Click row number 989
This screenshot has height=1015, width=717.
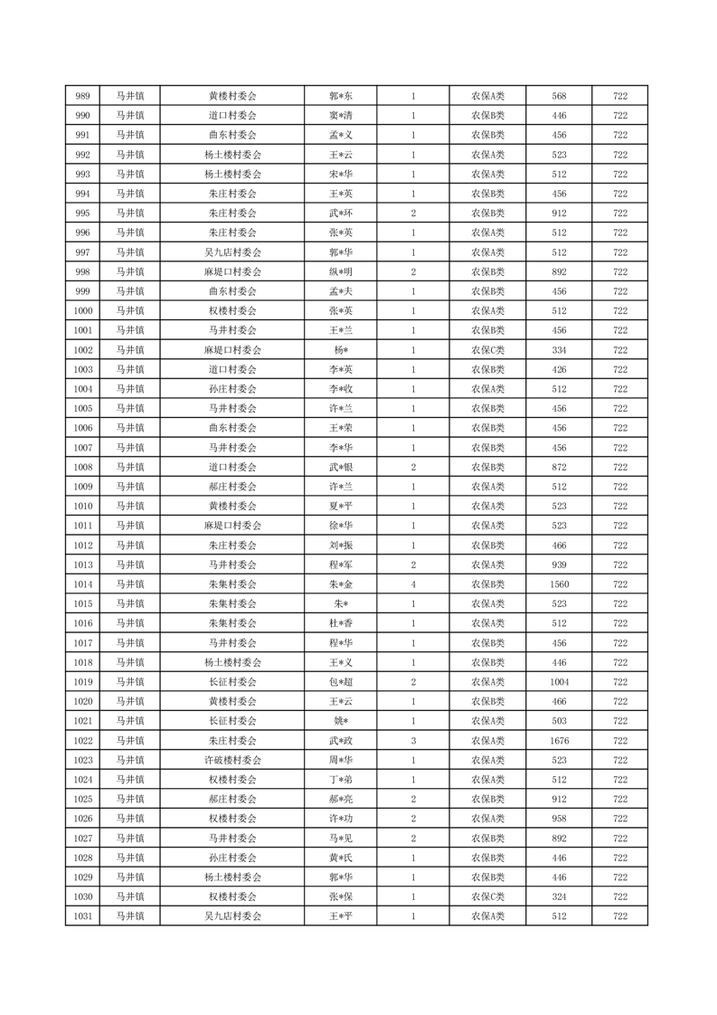click(82, 96)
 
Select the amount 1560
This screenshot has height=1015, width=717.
click(559, 584)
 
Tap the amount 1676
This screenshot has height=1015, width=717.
click(559, 741)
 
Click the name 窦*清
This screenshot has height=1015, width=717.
click(340, 116)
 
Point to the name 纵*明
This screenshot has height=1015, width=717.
click(340, 272)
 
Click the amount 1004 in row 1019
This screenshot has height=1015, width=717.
click(559, 682)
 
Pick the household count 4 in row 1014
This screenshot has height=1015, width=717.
click(413, 584)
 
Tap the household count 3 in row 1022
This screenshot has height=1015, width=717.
click(413, 741)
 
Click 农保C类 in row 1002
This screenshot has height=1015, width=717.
click(487, 350)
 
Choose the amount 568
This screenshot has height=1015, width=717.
click(559, 96)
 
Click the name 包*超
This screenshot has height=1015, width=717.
click(340, 682)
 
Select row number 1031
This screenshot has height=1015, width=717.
click(82, 916)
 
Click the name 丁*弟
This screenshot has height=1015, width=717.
click(340, 780)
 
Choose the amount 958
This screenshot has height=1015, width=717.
click(559, 819)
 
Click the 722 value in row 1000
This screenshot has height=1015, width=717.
click(620, 311)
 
